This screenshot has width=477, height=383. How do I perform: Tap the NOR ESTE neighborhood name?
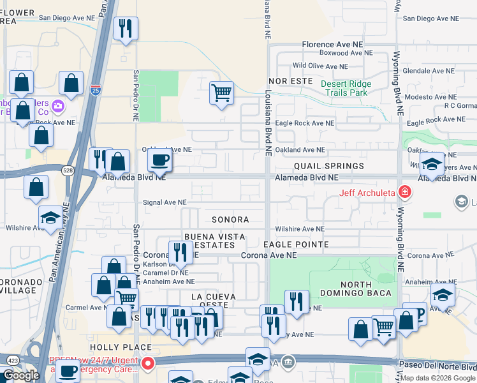(x=291, y=81)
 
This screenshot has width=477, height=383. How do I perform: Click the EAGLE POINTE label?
(x=296, y=244)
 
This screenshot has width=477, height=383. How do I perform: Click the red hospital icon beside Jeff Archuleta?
(x=404, y=191)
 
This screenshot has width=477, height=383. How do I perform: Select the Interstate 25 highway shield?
(x=95, y=90)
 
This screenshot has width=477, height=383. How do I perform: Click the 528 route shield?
(x=69, y=170)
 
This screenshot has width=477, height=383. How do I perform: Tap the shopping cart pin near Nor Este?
(x=221, y=93)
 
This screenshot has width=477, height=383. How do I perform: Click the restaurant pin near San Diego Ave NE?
(x=125, y=29)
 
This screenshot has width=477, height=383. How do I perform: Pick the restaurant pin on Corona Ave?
(x=180, y=253)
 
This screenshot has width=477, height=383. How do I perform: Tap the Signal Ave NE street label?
(x=164, y=202)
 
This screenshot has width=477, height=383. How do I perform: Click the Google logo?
(x=20, y=375)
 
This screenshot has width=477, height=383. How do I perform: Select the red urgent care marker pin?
(x=148, y=364)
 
